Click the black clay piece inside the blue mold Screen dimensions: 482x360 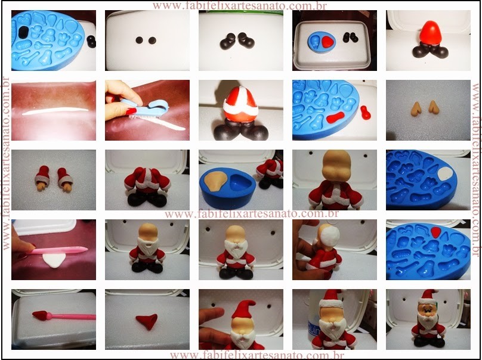pos(23,32)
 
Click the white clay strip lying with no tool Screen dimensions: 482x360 pos(55,111)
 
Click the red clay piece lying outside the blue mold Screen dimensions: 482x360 pos(365,113)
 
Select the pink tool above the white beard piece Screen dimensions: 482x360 pos(58,251)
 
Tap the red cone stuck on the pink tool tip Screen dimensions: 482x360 pos(40,315)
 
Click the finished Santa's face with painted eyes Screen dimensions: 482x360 pos(428,311)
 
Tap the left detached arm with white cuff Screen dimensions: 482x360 pos(43,178)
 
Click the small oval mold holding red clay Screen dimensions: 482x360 pos(321,43)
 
